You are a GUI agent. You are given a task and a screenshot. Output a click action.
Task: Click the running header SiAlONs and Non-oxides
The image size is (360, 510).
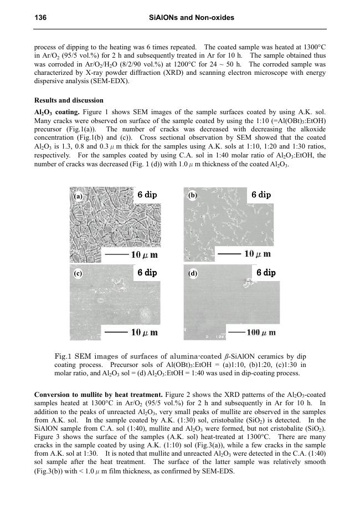[x=192, y=18]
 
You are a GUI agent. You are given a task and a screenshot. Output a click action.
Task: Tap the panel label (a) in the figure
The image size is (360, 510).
[x=79, y=196]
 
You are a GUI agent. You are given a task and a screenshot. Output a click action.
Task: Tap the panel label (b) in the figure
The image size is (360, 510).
[x=193, y=196]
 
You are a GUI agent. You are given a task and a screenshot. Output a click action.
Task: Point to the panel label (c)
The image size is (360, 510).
[x=79, y=273]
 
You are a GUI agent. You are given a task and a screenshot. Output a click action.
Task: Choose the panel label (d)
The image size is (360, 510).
[x=193, y=273]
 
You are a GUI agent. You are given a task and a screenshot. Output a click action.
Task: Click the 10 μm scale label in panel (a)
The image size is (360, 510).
[x=144, y=255]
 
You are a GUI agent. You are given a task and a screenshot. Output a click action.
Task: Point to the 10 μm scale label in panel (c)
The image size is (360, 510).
[x=144, y=333]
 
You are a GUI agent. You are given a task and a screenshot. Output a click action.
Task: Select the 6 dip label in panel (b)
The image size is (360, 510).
[x=261, y=195]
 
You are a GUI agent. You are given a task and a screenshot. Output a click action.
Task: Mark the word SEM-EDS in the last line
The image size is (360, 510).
[x=220, y=472]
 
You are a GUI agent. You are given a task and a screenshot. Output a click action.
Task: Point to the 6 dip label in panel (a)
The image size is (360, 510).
[x=147, y=195]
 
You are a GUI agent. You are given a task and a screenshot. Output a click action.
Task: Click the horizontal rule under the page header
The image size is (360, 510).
[x=180, y=29]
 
